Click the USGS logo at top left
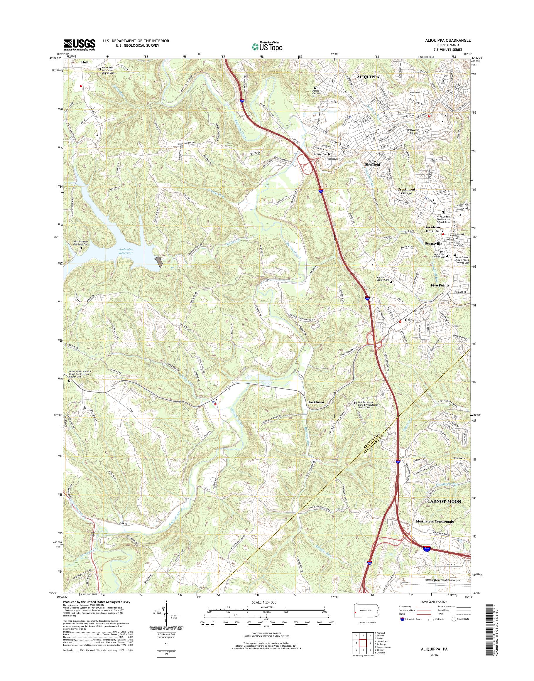pos(80,45)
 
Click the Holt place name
pos(85,62)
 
